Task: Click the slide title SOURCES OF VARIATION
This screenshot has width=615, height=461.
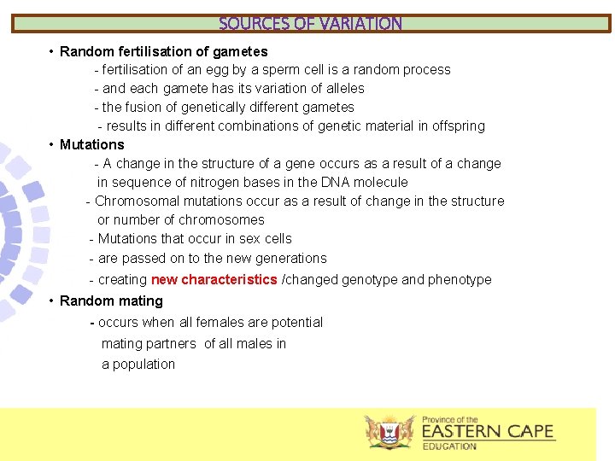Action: point(310,24)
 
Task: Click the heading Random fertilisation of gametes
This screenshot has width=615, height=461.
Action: point(163,51)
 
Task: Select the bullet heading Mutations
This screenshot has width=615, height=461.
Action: point(91,144)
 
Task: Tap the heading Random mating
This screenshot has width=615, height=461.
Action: point(111,301)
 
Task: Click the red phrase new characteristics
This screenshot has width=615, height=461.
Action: point(214,279)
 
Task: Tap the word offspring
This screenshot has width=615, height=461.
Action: point(457,126)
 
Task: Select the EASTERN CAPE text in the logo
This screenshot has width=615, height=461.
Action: point(488,432)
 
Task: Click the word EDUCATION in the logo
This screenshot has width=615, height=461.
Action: point(449,446)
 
